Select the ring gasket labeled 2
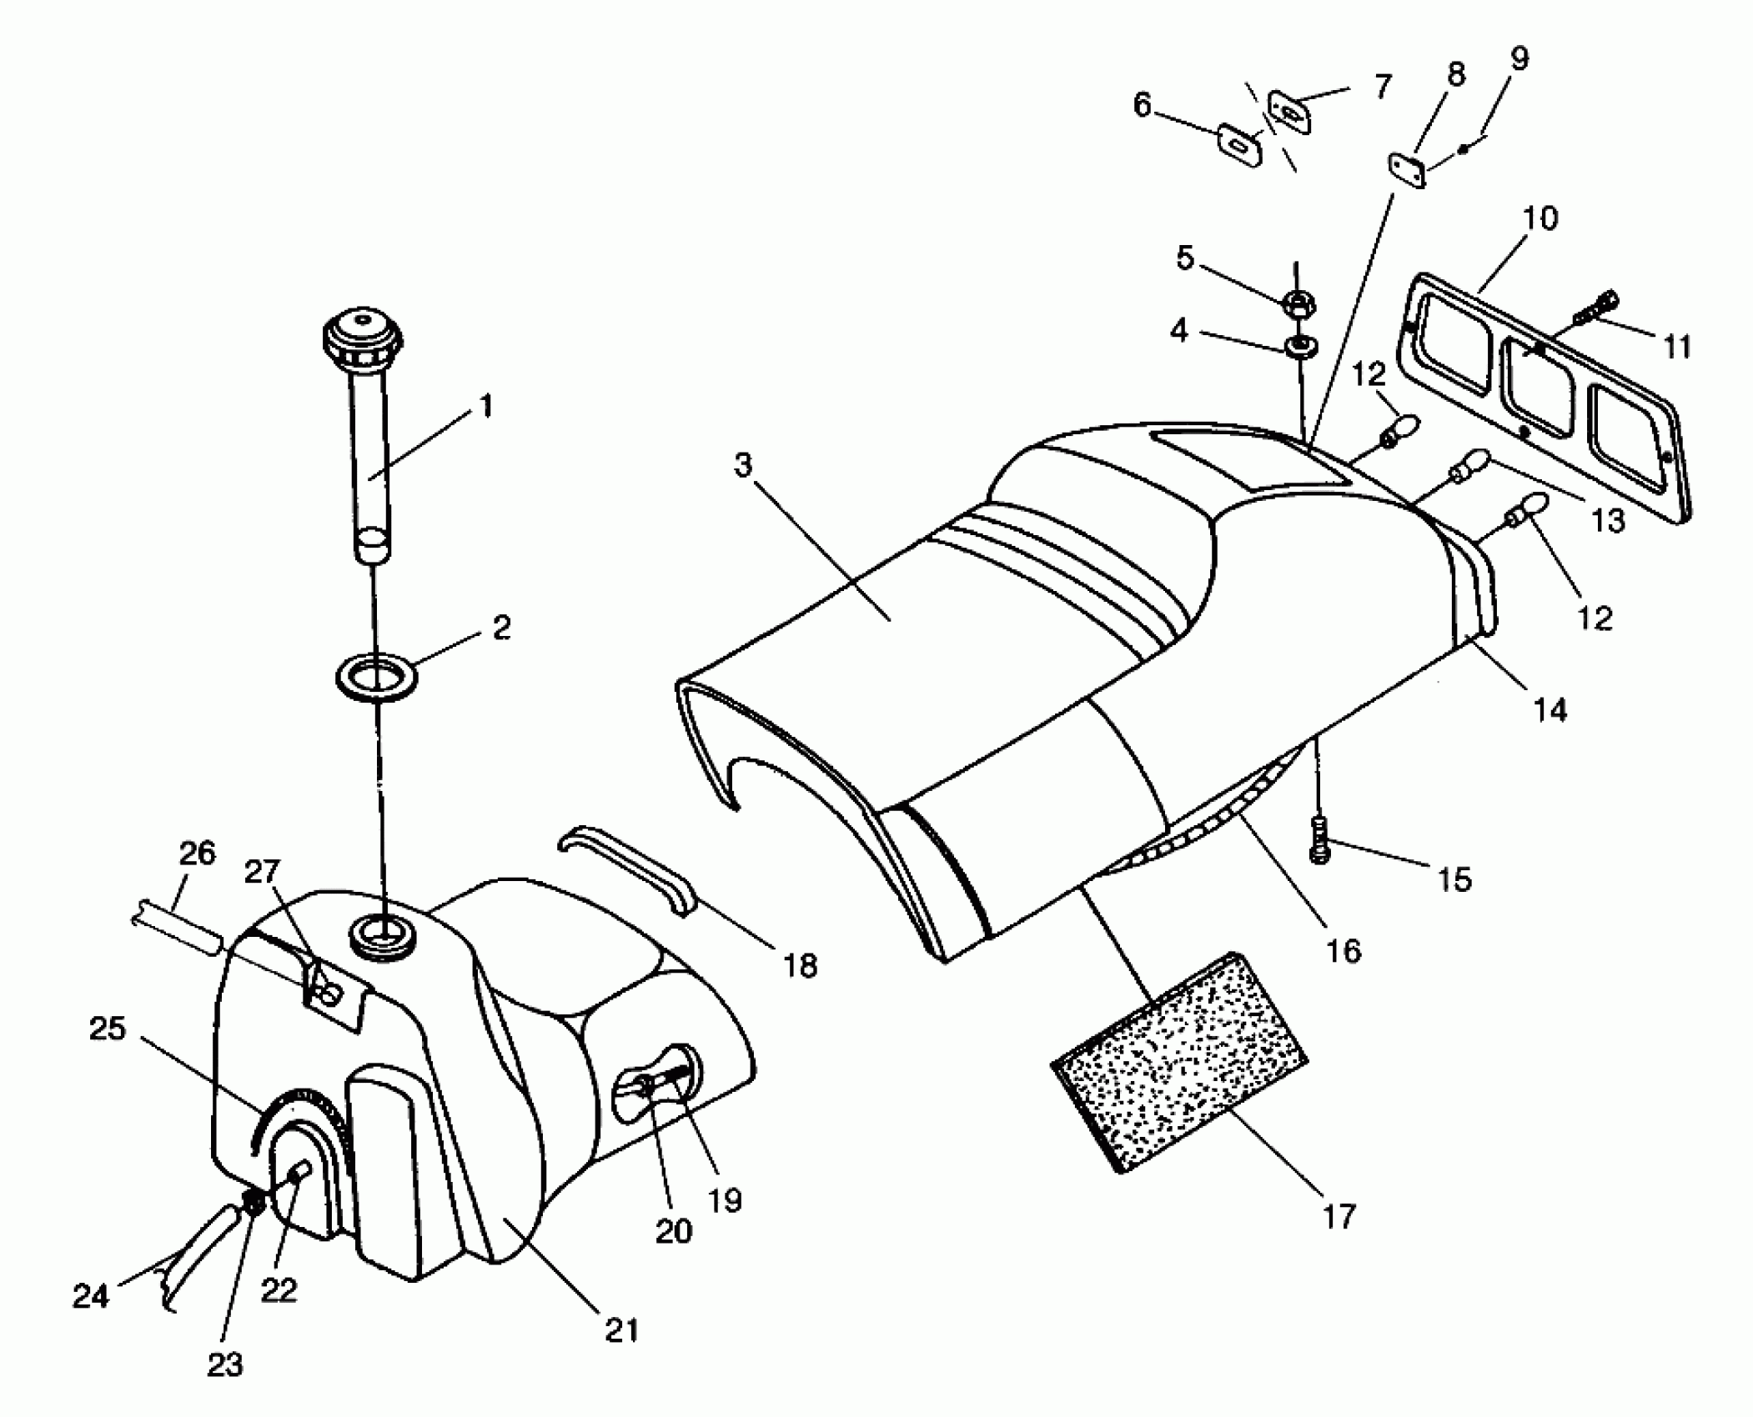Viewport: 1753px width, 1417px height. [x=377, y=675]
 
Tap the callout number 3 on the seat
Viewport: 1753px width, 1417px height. [x=743, y=465]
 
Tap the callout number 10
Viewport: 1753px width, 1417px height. [x=1540, y=218]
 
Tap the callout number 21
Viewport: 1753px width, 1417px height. [x=621, y=1330]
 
